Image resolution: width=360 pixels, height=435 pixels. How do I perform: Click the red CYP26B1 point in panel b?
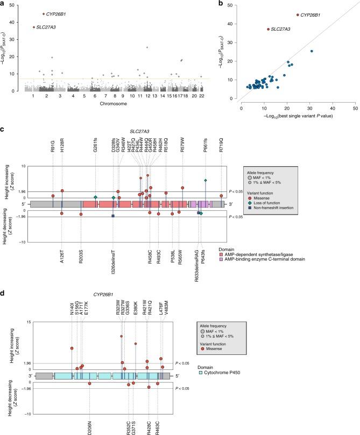point(298,15)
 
